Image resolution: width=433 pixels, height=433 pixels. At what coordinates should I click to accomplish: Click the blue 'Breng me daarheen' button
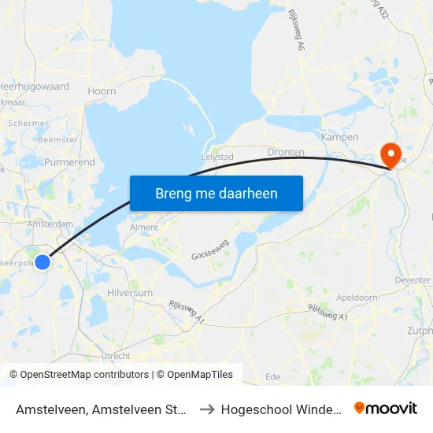[x=216, y=193]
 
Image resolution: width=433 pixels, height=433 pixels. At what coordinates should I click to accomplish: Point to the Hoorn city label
[x=102, y=91]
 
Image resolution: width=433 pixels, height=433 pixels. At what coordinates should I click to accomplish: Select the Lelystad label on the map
[x=219, y=157]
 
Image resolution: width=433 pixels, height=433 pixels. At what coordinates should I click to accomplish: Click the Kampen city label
[x=340, y=137]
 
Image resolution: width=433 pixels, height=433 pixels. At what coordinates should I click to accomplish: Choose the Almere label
[x=143, y=227]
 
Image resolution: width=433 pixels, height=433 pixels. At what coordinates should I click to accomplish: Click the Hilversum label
[x=129, y=292]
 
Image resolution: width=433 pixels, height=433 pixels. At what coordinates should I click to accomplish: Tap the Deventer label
[x=413, y=280]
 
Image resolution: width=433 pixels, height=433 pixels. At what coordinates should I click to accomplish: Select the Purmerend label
[x=70, y=162]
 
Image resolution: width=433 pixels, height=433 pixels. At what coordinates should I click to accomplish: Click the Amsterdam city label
[x=50, y=224]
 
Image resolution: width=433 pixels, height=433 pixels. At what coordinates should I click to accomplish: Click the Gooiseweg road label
[x=210, y=250]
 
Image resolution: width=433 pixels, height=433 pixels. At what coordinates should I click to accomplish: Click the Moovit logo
[x=386, y=409]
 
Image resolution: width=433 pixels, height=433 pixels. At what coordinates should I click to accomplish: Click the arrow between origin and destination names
[x=207, y=409]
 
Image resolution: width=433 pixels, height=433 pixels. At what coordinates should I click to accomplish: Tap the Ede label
[x=273, y=377]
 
